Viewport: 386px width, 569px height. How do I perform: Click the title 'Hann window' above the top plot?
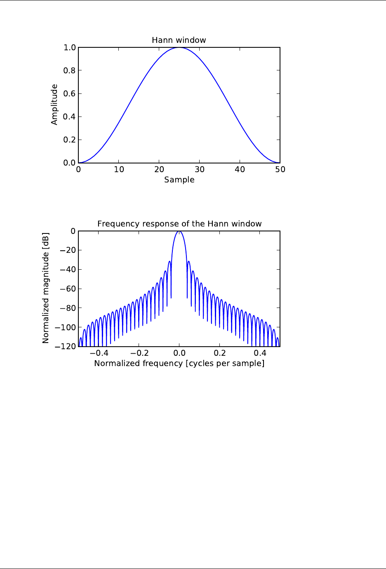179,40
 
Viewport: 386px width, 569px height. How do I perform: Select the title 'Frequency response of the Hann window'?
179,224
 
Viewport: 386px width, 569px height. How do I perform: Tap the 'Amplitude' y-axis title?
54,105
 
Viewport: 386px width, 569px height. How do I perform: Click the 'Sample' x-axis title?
179,180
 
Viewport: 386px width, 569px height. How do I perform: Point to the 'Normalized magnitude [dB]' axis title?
46,288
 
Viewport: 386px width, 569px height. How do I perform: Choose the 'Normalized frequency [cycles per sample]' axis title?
179,363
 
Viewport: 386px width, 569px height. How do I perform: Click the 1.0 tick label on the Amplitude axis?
70,48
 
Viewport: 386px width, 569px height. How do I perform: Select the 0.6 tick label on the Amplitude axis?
70,94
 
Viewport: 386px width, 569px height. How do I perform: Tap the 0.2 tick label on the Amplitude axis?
70,140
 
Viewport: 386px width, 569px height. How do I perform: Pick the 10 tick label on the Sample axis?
119,169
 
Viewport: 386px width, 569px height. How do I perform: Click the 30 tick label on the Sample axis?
200,169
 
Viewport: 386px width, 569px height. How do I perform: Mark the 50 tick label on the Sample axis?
280,169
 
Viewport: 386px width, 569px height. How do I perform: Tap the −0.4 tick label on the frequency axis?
99,353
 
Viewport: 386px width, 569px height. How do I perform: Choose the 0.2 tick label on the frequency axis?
220,353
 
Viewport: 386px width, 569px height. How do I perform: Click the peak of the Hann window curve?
179,48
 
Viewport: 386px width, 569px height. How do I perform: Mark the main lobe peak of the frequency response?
179,231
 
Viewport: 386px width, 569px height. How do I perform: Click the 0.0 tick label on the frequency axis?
179,353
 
